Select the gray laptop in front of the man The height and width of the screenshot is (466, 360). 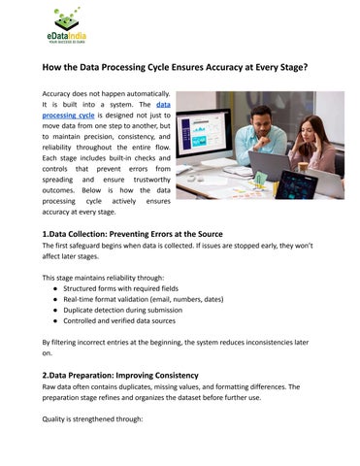click(x=263, y=166)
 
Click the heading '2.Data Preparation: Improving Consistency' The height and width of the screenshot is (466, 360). click(x=119, y=376)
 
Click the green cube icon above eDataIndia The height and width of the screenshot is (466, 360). click(x=66, y=17)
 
